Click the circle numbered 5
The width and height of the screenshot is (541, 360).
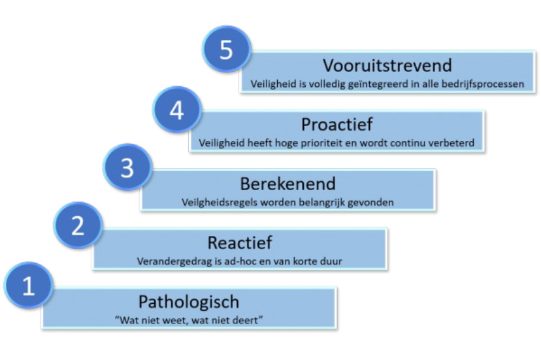[x=226, y=49]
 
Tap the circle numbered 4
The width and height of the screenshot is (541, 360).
[x=177, y=109]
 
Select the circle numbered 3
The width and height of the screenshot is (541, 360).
[x=127, y=167]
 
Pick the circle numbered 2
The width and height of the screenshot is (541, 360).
[x=78, y=225]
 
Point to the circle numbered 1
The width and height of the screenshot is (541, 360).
[x=29, y=286]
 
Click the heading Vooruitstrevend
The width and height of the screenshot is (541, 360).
[x=387, y=65]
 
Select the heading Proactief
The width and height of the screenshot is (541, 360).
[x=336, y=124]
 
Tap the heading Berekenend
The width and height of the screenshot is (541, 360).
[x=287, y=184]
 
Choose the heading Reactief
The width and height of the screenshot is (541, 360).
[x=240, y=242]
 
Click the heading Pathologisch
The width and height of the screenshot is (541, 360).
[x=189, y=302]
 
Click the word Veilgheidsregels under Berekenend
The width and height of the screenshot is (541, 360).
[x=220, y=203]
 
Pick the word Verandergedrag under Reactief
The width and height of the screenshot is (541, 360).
[x=174, y=261]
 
